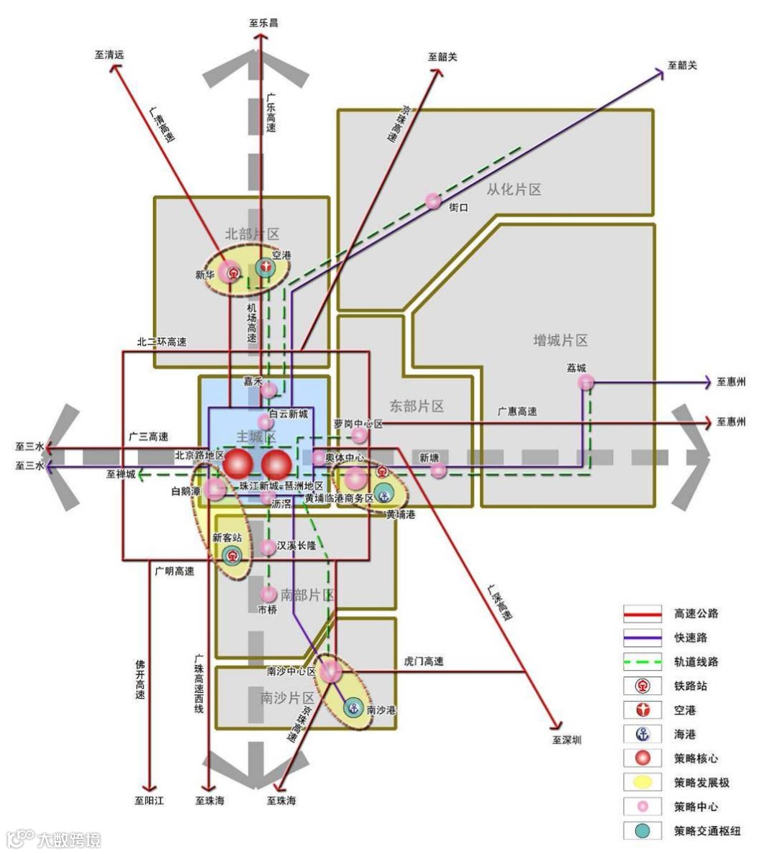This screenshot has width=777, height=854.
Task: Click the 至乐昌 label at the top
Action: (263, 22)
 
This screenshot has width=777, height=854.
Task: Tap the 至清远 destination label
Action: (109, 54)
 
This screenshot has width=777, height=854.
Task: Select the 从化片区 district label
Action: (514, 190)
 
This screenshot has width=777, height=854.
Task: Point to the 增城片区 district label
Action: (560, 340)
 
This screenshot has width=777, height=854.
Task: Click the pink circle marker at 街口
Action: (433, 201)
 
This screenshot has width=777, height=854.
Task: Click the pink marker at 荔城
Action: (586, 382)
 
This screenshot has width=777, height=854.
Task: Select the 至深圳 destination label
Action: (567, 740)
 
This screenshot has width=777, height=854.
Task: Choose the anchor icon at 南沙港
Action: (353, 708)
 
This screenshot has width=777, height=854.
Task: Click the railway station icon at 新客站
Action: (232, 555)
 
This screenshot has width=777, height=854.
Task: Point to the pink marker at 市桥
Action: (268, 594)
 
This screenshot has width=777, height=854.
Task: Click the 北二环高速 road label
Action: (162, 342)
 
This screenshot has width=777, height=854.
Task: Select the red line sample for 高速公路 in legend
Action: (642, 614)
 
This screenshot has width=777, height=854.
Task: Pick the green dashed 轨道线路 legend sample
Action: (642, 661)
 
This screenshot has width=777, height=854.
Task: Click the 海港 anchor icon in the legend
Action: (642, 734)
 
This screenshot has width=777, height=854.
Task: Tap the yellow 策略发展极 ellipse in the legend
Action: (642, 782)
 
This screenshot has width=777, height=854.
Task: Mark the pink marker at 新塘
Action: (438, 470)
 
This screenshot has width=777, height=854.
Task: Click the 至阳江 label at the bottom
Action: (150, 800)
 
